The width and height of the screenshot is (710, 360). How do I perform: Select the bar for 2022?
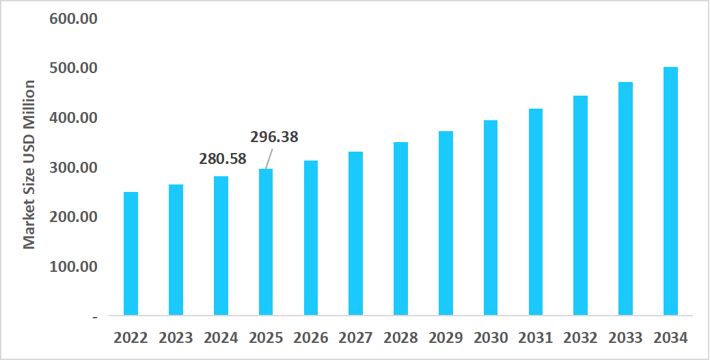click(x=131, y=253)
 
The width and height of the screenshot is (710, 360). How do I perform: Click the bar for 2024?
click(x=221, y=246)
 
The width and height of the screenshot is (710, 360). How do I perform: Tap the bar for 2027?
click(x=355, y=234)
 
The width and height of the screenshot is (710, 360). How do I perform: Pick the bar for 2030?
click(x=490, y=218)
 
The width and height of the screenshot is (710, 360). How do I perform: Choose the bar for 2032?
click(x=580, y=206)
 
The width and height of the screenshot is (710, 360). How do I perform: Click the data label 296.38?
click(x=274, y=137)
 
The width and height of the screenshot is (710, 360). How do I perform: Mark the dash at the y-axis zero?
click(x=94, y=316)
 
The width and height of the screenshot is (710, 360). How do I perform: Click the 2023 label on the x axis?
click(x=176, y=337)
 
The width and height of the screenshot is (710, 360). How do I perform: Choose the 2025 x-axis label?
click(x=266, y=337)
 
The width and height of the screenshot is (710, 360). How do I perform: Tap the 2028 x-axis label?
click(x=400, y=337)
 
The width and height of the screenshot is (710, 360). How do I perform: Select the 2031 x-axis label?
click(x=535, y=337)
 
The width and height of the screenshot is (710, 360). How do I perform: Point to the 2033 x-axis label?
click(x=625, y=337)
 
